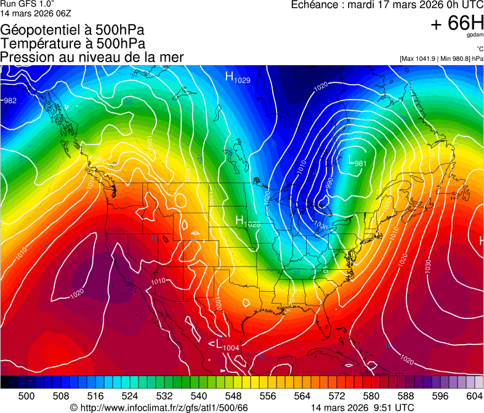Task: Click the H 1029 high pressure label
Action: click(238, 77)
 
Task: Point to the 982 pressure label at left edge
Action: click(10, 100)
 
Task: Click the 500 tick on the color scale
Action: click(26, 396)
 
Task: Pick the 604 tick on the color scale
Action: click(474, 396)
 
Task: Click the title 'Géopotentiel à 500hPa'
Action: click(72, 30)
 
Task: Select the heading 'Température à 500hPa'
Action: click(73, 44)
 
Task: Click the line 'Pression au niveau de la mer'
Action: click(92, 57)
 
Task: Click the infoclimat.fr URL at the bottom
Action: click(159, 407)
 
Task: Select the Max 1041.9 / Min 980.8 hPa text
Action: click(441, 59)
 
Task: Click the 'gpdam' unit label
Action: click(475, 36)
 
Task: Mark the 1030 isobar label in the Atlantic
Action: click(427, 265)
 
